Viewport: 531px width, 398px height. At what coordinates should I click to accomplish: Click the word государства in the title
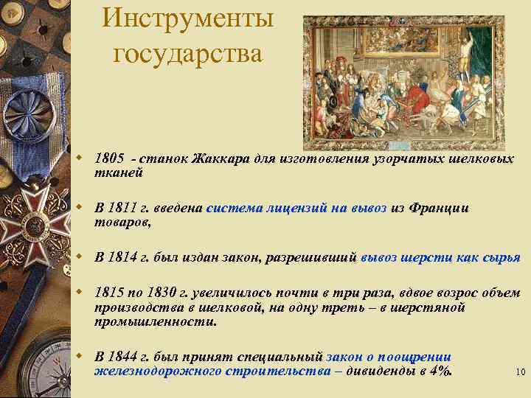(x=188, y=54)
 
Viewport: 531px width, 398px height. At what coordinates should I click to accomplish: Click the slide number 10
(x=520, y=373)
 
